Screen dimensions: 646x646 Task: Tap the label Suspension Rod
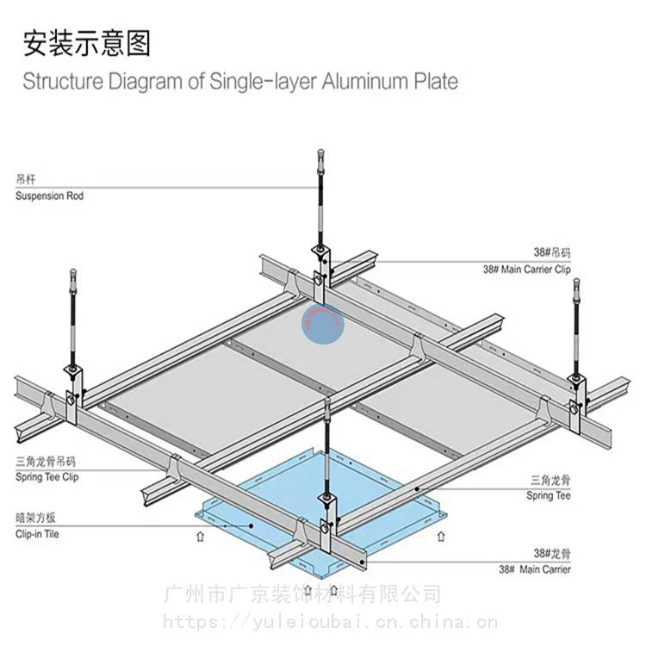coord(49,196)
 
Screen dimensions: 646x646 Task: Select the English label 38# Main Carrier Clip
coord(526,269)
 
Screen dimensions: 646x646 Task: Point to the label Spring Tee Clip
coord(47,476)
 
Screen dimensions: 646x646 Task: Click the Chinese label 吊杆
coord(24,181)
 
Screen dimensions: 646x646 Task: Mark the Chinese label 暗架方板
coord(36,519)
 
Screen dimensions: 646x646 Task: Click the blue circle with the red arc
coord(322,324)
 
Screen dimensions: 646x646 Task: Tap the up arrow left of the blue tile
coord(200,536)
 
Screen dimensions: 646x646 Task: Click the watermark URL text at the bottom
coord(330,620)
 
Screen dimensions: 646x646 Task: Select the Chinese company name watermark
coord(302,594)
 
